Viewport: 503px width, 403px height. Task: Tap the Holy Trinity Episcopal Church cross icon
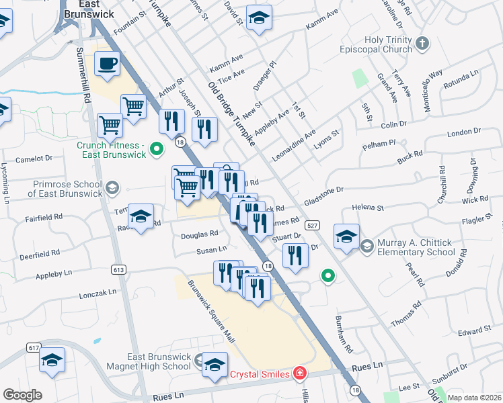pyautogui.click(x=422, y=44)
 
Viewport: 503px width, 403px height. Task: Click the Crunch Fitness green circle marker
pyautogui.click(x=156, y=149)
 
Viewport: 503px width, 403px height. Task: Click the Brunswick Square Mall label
pyautogui.click(x=211, y=310)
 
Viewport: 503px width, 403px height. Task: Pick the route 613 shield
pyautogui.click(x=119, y=270)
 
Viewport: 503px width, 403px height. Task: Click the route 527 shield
pyautogui.click(x=311, y=224)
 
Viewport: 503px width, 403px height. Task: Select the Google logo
pyautogui.click(x=23, y=395)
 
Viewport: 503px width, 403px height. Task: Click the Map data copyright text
pyautogui.click(x=473, y=398)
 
